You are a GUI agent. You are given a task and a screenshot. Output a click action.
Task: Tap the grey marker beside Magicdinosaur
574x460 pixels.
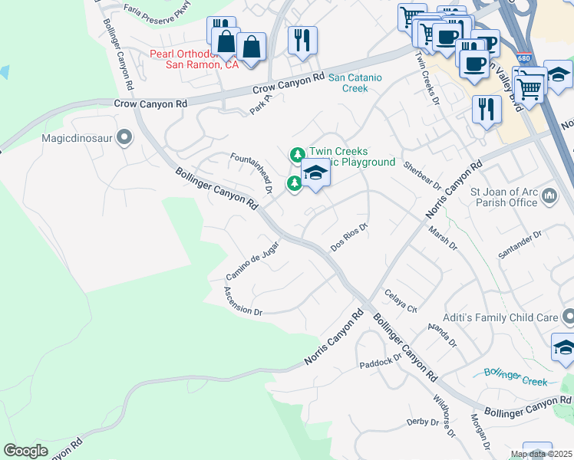(126, 138)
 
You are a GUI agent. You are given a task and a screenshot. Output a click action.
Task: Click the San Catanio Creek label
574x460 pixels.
(359, 83)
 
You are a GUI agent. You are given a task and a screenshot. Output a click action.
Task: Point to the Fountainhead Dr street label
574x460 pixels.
(252, 172)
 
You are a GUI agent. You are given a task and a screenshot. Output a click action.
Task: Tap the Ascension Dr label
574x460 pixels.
(243, 301)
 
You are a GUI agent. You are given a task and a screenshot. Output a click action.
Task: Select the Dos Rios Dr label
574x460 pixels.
(351, 237)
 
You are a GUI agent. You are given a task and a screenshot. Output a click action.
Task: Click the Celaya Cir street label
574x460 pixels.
(400, 300)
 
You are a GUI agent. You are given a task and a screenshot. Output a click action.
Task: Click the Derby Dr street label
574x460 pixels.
(422, 422)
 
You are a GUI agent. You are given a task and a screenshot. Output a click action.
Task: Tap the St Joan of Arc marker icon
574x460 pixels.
(549, 197)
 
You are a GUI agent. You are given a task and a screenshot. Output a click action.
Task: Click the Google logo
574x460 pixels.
(26, 451)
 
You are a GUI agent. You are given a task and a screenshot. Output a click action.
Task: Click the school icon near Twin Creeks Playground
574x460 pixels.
(315, 175)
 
